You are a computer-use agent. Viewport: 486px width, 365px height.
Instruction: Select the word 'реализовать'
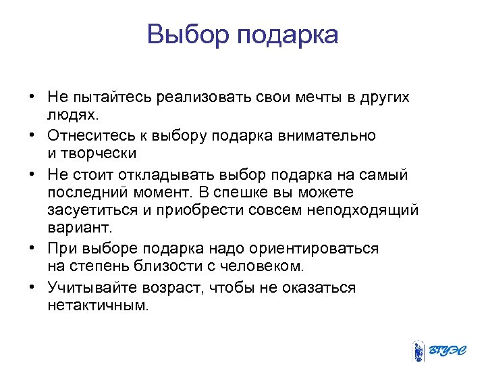204,97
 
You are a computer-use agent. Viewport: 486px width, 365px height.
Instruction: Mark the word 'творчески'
99,154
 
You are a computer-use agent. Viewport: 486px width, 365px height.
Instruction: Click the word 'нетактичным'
96,306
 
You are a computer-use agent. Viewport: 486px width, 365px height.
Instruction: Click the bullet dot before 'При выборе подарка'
32,249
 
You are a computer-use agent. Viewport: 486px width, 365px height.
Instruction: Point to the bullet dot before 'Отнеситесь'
32,135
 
